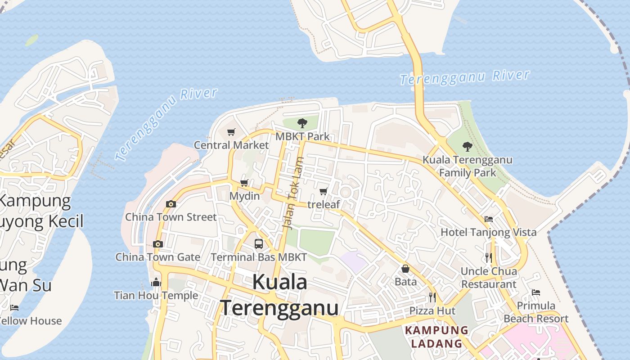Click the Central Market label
click(x=231, y=145)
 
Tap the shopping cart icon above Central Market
click(x=231, y=132)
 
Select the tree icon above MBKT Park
click(x=302, y=122)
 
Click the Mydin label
click(x=244, y=196)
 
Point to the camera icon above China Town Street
click(x=171, y=204)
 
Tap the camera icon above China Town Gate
click(x=157, y=244)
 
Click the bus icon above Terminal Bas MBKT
click(x=259, y=243)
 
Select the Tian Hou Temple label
click(x=156, y=296)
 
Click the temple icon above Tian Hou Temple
click(x=156, y=282)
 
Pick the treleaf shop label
click(x=324, y=205)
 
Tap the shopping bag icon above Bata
click(x=405, y=269)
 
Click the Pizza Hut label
click(x=432, y=311)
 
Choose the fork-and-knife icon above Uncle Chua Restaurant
click(x=489, y=257)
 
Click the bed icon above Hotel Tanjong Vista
click(x=489, y=219)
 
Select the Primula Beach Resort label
click(x=535, y=312)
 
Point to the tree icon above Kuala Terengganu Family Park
click(x=468, y=146)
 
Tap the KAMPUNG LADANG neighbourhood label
click(x=436, y=337)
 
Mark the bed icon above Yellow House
click(x=14, y=308)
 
